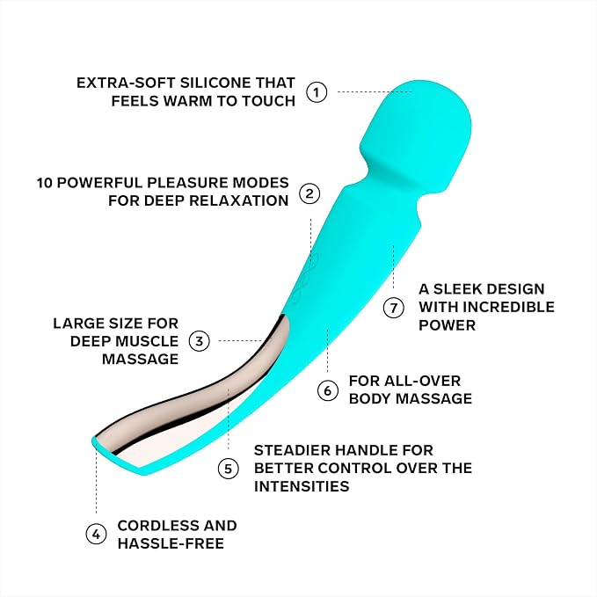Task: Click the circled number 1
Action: pyautogui.click(x=317, y=92)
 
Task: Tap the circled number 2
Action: pyautogui.click(x=309, y=193)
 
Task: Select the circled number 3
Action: pyautogui.click(x=199, y=341)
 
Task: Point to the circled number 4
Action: pyautogui.click(x=96, y=535)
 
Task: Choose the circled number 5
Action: pyautogui.click(x=228, y=469)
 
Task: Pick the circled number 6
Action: pyautogui.click(x=327, y=390)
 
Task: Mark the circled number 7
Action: pyautogui.click(x=393, y=307)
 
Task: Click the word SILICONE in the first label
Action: pyautogui.click(x=215, y=83)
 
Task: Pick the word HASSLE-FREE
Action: pyautogui.click(x=171, y=543)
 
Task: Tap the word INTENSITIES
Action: pyautogui.click(x=302, y=486)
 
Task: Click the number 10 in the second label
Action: pyautogui.click(x=44, y=183)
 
